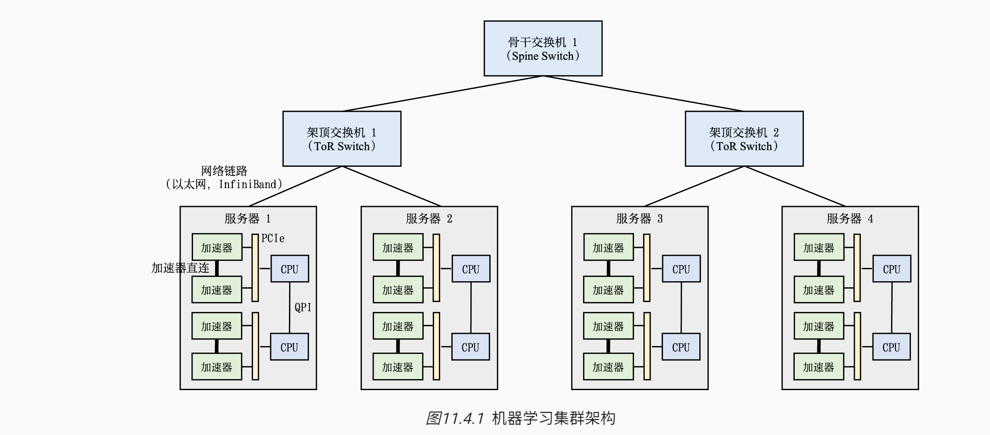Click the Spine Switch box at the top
pyautogui.click(x=543, y=48)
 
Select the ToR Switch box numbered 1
pyautogui.click(x=342, y=139)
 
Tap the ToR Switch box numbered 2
pyautogui.click(x=744, y=139)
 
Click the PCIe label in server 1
pyautogui.click(x=273, y=238)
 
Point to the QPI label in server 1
pyautogui.click(x=303, y=308)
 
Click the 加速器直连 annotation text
pyautogui.click(x=180, y=268)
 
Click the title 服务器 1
pyautogui.click(x=247, y=219)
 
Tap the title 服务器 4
pyautogui.click(x=850, y=219)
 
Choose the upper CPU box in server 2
pyautogui.click(x=471, y=269)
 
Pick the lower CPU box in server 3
pyautogui.click(x=681, y=347)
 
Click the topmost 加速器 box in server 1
pyautogui.click(x=217, y=247)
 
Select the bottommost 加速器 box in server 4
pyautogui.click(x=819, y=367)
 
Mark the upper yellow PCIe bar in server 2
pyautogui.click(x=436, y=268)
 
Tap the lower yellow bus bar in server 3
pyautogui.click(x=647, y=346)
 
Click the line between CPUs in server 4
pyautogui.click(x=892, y=308)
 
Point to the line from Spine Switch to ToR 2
pyautogui.click(x=644, y=94)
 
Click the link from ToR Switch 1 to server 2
pyautogui.click(x=391, y=186)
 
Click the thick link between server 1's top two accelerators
pyautogui.click(x=217, y=268)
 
